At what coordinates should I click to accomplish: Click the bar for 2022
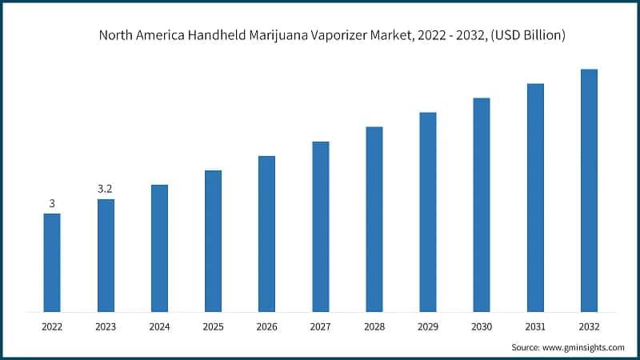click(x=52, y=262)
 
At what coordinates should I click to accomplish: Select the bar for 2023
click(x=106, y=255)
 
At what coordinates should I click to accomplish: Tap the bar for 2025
click(x=213, y=241)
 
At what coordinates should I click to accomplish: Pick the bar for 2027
click(x=321, y=226)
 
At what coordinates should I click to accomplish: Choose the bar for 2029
click(x=428, y=212)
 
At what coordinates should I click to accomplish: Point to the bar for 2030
click(x=482, y=205)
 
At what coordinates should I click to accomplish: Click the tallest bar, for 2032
click(x=589, y=190)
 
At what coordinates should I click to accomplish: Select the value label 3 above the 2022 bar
click(x=52, y=204)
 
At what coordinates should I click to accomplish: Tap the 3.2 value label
click(x=106, y=189)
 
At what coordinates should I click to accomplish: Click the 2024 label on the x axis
click(x=159, y=326)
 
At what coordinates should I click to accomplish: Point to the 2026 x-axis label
click(x=266, y=326)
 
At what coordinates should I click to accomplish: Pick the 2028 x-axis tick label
click(x=374, y=326)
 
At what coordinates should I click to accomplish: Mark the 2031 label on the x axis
click(x=535, y=326)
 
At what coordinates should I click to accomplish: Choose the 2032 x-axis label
click(x=589, y=326)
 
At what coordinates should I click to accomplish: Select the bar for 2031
click(x=535, y=198)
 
